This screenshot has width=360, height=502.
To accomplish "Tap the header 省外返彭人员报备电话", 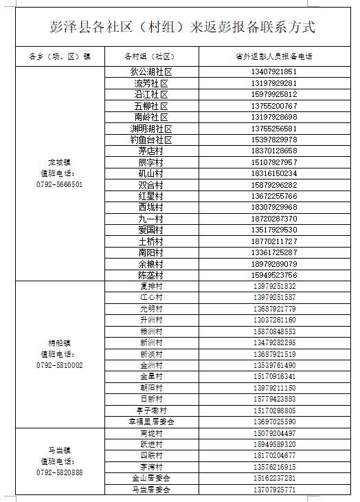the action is pyautogui.click(x=274, y=56).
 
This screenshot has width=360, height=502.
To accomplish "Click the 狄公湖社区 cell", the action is pyautogui.click(x=150, y=72).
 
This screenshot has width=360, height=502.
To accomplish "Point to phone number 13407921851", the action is pyautogui.click(x=274, y=72).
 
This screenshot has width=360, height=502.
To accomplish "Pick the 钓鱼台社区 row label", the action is pyautogui.click(x=150, y=140).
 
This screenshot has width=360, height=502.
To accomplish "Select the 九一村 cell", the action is pyautogui.click(x=150, y=219).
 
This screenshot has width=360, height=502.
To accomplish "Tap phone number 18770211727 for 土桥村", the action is pyautogui.click(x=274, y=241).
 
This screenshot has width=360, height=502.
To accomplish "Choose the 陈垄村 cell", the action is pyautogui.click(x=150, y=275).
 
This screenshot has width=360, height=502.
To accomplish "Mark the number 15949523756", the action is pyautogui.click(x=274, y=275).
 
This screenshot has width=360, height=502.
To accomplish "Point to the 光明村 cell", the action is pyautogui.click(x=150, y=309).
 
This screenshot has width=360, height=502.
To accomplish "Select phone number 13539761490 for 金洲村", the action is pyautogui.click(x=274, y=365).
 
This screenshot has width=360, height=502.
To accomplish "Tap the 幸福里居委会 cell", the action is pyautogui.click(x=150, y=422).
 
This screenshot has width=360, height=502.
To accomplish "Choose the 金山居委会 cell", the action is pyautogui.click(x=150, y=478).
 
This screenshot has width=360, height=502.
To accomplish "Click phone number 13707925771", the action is pyautogui.click(x=274, y=490).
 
